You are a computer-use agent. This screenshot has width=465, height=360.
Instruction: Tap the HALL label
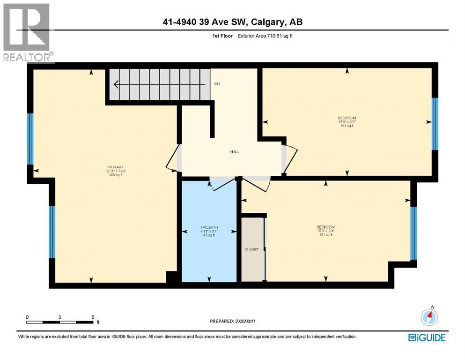(235, 152)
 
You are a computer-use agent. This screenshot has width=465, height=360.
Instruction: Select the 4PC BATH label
(209, 231)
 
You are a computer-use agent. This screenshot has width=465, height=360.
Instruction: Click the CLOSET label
(251, 249)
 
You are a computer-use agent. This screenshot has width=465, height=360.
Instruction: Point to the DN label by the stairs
(217, 84)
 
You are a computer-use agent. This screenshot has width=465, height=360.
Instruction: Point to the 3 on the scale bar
(60, 317)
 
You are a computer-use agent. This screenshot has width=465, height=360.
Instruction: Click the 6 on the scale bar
(93, 317)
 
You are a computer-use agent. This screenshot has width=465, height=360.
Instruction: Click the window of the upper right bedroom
(434, 124)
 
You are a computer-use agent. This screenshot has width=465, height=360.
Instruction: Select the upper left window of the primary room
(30, 139)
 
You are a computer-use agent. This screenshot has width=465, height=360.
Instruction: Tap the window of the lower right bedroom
(413, 233)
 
